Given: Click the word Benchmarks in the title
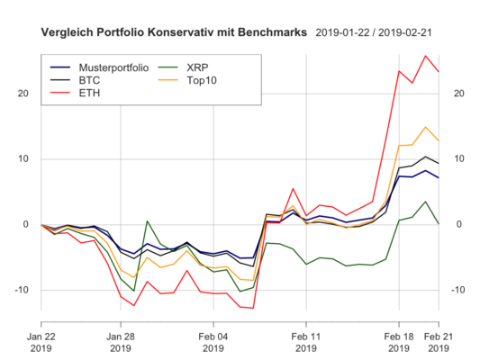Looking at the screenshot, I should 267,32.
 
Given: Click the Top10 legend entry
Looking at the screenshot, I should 202,81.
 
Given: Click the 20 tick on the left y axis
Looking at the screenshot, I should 24,94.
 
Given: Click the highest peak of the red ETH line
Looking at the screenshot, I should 425,56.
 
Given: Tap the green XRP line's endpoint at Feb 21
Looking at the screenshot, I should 439,223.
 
